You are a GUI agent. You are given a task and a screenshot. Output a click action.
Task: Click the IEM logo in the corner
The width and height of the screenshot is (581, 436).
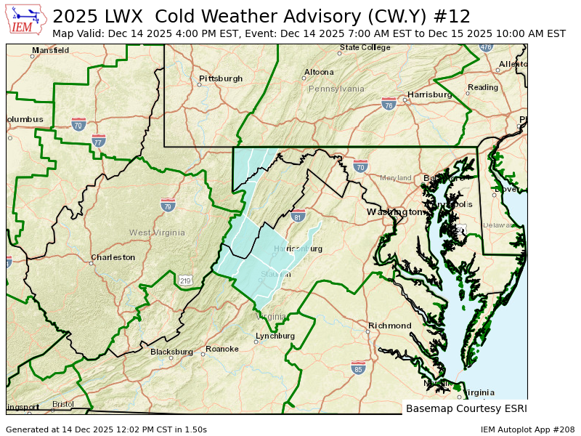(x=26, y=20)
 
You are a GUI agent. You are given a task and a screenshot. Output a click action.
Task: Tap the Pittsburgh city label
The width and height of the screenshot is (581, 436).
(x=221, y=78)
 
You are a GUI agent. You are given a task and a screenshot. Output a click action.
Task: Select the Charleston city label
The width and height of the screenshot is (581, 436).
(x=113, y=257)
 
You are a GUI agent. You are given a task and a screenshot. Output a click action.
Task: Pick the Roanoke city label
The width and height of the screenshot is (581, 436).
(x=222, y=349)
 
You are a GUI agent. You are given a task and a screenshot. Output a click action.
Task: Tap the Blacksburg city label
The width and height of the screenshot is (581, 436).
(x=171, y=352)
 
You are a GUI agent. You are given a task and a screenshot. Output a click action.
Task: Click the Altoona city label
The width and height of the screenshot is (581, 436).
(x=319, y=72)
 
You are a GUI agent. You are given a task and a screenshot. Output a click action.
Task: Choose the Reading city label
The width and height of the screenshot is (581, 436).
(x=483, y=87)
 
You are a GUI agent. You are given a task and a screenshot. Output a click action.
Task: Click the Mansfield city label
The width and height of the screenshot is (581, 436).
(x=51, y=50)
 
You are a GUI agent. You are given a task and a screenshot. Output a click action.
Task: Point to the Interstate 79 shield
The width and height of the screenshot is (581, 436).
(x=168, y=205)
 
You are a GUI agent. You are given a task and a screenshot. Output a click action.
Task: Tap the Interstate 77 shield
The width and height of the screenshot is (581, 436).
(x=99, y=141)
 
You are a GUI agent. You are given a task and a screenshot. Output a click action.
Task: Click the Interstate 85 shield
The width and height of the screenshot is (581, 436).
(x=358, y=368)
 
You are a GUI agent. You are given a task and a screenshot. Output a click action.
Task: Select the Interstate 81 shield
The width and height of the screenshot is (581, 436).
(x=298, y=216)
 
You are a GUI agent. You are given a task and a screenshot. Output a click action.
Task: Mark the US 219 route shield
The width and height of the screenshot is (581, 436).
(x=185, y=280)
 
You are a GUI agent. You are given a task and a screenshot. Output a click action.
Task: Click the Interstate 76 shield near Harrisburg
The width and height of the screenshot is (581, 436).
(x=389, y=104)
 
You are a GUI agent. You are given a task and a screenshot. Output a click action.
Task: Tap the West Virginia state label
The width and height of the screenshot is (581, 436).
(x=158, y=233)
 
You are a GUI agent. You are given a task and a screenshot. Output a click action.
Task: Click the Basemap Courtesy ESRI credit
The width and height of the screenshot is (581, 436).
(x=465, y=408)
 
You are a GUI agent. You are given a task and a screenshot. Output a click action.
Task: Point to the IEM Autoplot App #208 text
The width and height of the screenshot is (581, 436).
(x=526, y=429)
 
